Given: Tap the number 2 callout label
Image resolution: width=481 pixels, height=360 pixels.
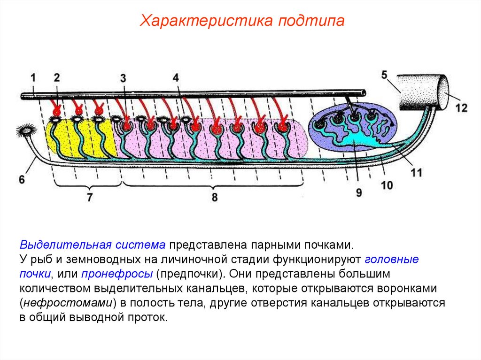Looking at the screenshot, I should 57,77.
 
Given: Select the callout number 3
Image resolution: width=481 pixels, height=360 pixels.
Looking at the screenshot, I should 123,78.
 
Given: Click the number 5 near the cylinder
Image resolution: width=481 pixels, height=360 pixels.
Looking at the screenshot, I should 385,75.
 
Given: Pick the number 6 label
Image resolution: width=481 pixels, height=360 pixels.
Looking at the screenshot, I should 22,179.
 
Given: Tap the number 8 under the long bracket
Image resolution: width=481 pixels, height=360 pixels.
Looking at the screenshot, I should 214,197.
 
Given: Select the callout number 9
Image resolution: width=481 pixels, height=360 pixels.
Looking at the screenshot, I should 359,192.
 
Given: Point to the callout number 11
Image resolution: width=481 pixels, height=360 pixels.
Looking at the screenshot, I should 416,173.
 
